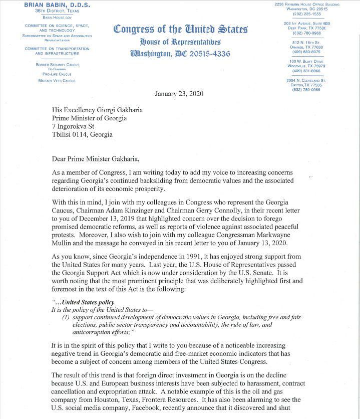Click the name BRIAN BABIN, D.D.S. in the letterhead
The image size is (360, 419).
click(48, 5)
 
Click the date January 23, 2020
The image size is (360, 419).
click(179, 94)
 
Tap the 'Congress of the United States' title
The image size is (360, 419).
click(180, 29)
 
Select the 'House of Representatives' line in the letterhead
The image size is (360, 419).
click(180, 42)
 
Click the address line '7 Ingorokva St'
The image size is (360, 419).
click(73, 126)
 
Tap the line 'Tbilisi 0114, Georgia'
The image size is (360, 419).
click(82, 134)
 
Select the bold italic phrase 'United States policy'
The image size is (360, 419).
click(88, 302)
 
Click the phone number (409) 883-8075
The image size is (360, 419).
click(306, 52)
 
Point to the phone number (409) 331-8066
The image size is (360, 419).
click(306, 71)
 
